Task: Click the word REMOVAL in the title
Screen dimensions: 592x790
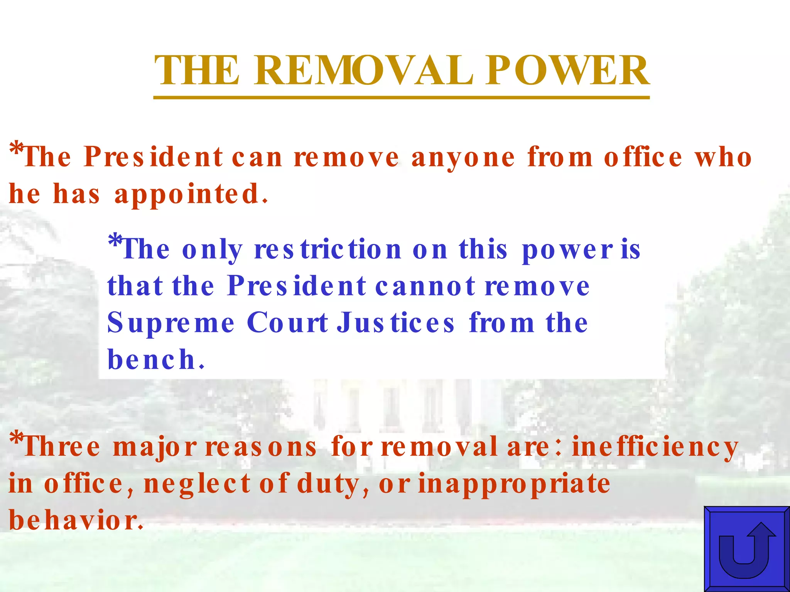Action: (363, 71)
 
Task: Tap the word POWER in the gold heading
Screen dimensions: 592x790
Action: (567, 71)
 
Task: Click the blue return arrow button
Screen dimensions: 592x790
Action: (746, 549)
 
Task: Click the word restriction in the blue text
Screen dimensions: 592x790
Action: (328, 250)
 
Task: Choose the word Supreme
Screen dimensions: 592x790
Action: (170, 323)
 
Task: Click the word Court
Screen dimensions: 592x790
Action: (287, 323)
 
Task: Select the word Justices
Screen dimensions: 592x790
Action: (396, 323)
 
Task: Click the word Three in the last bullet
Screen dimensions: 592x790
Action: (62, 447)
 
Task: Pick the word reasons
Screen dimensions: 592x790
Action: (261, 447)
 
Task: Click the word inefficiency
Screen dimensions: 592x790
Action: (655, 447)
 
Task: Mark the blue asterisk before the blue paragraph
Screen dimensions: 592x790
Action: (114, 241)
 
